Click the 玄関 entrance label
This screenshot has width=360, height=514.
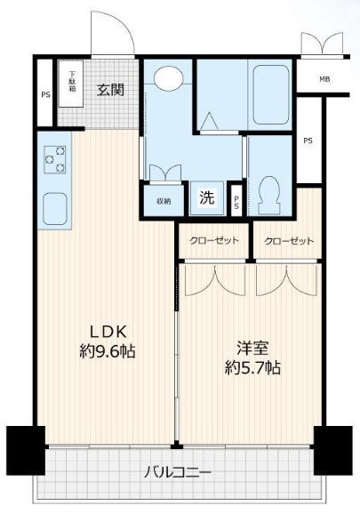(111, 90)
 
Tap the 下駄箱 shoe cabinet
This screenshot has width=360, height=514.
(71, 84)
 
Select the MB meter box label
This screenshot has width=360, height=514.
(324, 79)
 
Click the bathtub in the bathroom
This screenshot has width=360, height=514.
(271, 95)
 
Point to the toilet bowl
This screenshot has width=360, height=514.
(269, 196)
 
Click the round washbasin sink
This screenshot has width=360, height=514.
(168, 78)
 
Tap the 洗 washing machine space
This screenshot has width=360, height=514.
(207, 198)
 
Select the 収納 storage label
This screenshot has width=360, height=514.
(164, 201)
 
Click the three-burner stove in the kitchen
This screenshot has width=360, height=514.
(55, 159)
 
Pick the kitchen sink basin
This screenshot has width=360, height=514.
(55, 209)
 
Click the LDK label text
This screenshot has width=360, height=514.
(108, 333)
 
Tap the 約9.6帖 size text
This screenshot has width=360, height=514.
(108, 352)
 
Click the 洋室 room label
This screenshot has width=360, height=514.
(252, 348)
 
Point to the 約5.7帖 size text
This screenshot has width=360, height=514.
(252, 368)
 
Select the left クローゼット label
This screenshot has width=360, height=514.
(214, 241)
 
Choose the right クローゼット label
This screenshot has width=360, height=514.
(289, 241)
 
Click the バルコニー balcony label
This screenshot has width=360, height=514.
(178, 473)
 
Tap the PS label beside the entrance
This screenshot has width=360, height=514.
(46, 95)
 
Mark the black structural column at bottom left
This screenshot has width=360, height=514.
(26, 450)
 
